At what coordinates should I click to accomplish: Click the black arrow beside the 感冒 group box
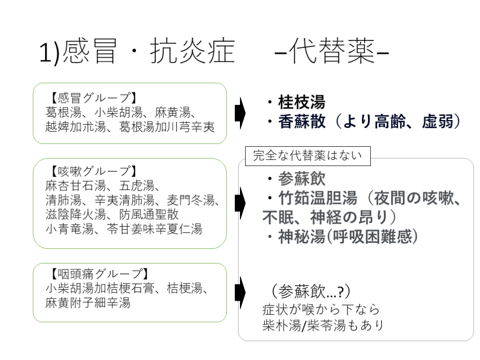tap(240, 113)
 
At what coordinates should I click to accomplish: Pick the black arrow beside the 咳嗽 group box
tap(240, 203)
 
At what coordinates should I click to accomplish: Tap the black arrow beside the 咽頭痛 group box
tap(240, 292)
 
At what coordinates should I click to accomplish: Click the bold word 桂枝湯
tap(301, 102)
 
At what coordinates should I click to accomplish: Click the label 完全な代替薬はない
tap(307, 156)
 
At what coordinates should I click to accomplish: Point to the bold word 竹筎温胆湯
tap(318, 198)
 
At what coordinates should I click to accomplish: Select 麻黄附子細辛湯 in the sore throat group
tap(88, 302)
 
